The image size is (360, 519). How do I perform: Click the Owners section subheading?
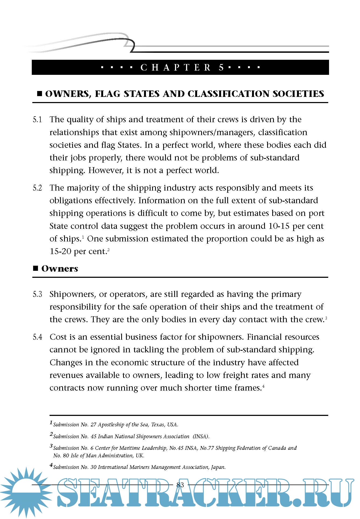[60, 269]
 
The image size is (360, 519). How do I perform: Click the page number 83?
[180, 485]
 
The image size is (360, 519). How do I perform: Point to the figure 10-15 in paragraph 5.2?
[279, 226]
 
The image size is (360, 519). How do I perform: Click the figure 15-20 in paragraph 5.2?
[60, 251]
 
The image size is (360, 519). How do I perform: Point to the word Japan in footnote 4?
[218, 467]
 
